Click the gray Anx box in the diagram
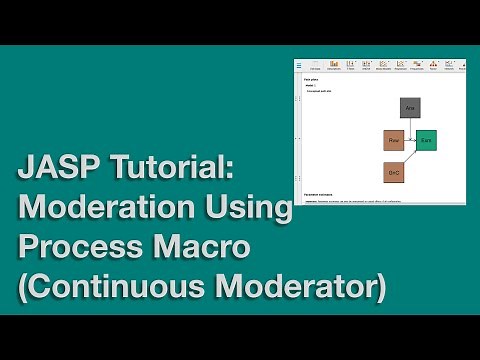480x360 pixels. point(409,108)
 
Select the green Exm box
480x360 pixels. point(426,140)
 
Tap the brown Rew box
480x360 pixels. point(393,140)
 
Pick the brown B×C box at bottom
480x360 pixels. point(394,172)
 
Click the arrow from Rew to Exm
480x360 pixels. point(409,140)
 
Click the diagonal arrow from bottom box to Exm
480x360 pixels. point(411,156)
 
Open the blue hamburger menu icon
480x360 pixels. point(299,66)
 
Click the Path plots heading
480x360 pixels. point(310,78)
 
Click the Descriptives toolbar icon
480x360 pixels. point(333,67)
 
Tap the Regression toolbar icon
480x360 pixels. point(400,67)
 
